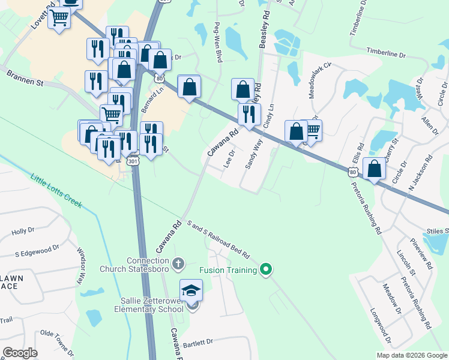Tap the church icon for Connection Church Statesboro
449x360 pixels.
pos(178,263)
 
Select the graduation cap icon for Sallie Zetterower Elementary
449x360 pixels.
pos(191,291)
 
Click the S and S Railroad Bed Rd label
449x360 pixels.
pos(218,236)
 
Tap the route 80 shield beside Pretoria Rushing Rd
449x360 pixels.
pos(352,172)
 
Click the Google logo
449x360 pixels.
pos(20,353)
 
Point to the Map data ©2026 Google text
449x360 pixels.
pos(412,355)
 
